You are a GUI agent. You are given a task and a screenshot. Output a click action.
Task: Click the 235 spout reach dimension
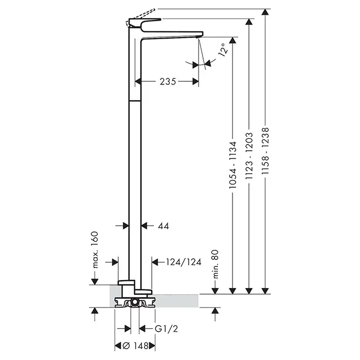(168, 81)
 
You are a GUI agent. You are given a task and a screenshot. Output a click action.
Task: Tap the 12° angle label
(223, 49)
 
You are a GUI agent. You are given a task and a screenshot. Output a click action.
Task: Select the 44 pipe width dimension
(164, 226)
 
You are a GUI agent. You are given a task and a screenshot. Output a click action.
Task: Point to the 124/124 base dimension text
(184, 262)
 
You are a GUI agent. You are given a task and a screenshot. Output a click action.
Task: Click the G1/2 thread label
(167, 329)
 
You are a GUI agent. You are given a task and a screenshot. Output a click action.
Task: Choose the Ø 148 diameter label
(135, 346)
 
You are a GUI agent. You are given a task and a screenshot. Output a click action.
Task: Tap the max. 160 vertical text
(95, 250)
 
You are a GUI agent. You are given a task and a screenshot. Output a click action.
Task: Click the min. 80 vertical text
(215, 264)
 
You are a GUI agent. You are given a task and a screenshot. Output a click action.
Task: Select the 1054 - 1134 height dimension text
(232, 165)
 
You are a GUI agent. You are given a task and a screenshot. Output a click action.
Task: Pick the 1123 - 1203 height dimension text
(249, 156)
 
